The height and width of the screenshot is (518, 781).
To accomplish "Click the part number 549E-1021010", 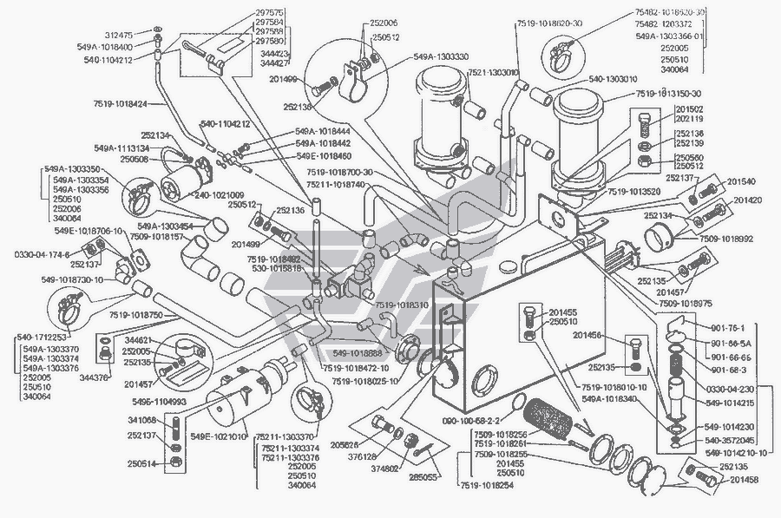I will [x=221, y=434].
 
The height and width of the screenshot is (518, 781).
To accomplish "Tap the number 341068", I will [x=141, y=420].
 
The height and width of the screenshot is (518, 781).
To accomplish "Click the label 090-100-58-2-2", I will [x=466, y=419].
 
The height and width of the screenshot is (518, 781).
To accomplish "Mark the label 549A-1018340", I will [x=611, y=398].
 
